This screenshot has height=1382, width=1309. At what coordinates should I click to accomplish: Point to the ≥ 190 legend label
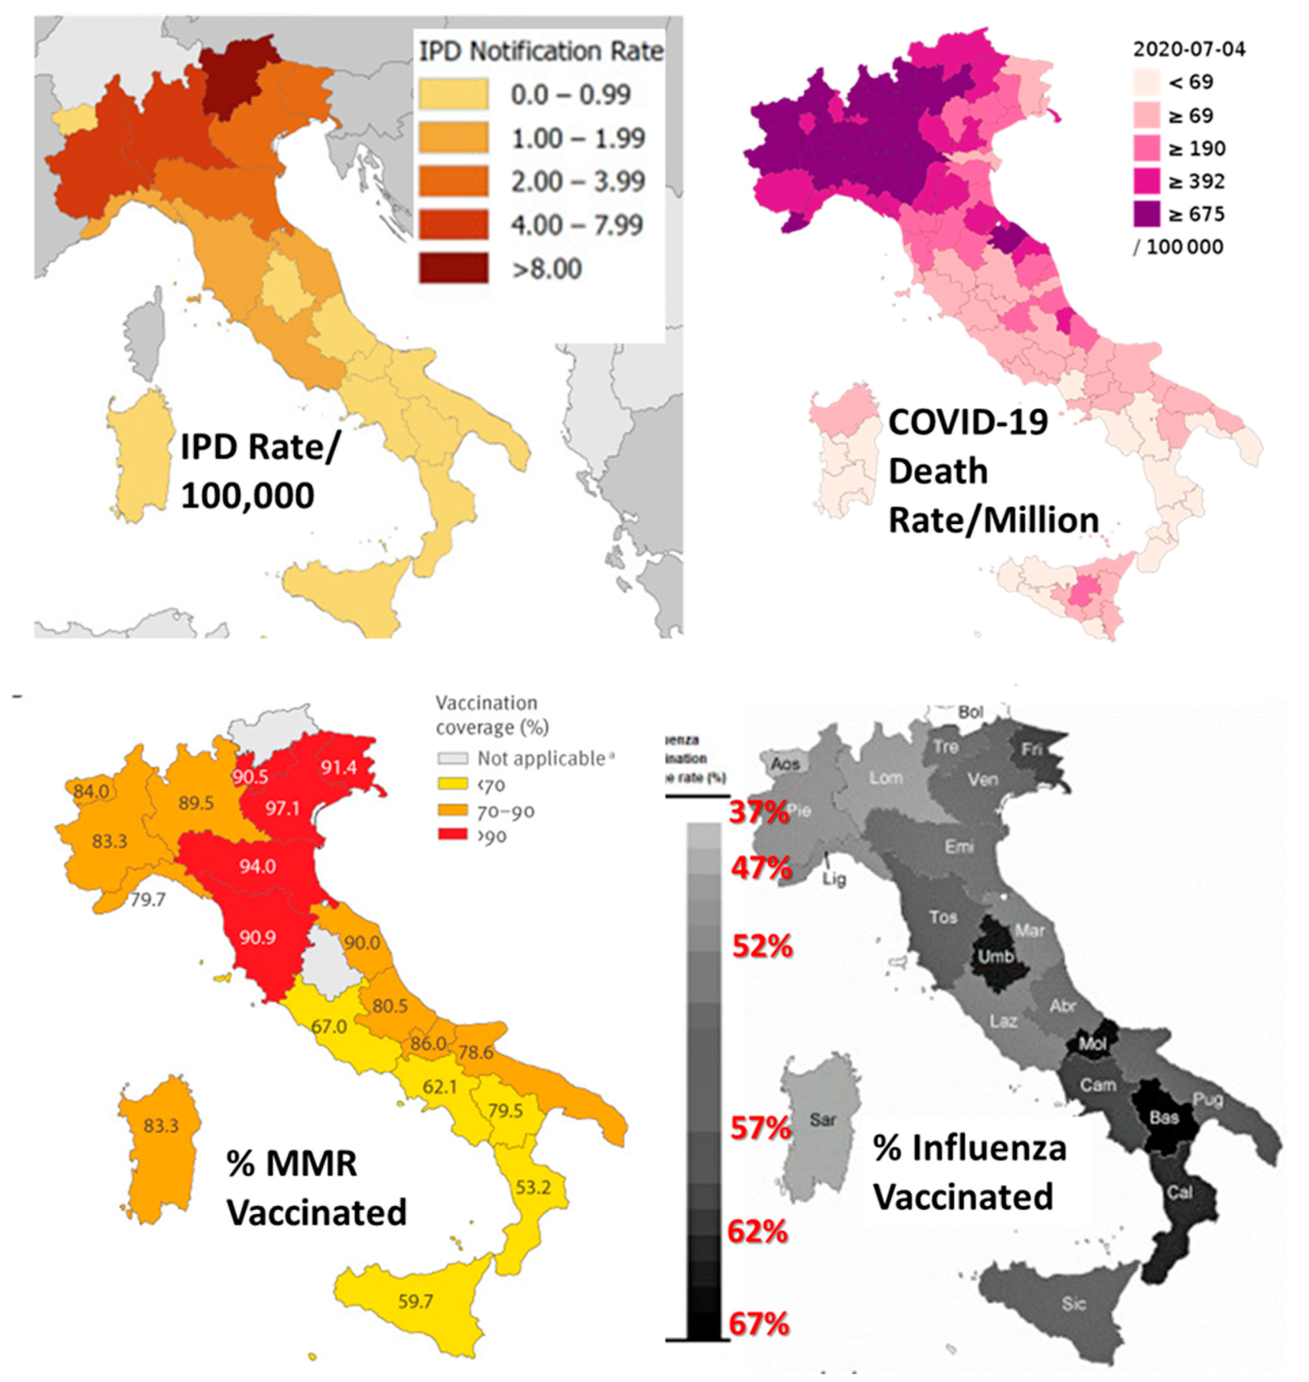1197,148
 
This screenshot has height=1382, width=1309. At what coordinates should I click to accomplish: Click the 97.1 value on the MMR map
282,808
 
